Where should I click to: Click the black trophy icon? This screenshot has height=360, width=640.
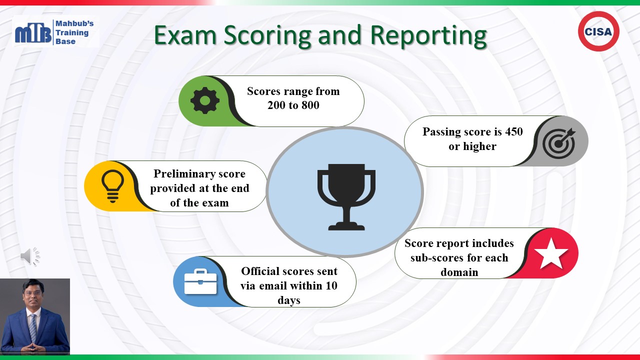346,197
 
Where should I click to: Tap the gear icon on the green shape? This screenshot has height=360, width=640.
205,100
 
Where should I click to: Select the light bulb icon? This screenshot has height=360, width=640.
112,186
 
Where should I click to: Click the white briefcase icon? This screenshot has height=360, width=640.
200,281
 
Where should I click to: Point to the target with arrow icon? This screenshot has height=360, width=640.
559,142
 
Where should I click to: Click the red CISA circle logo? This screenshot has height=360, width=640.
598,31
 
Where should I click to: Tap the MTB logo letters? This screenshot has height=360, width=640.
33,33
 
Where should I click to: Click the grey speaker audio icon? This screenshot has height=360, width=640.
30,256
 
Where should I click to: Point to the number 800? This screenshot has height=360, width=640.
310,105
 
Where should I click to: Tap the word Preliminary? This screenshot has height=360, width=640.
199,173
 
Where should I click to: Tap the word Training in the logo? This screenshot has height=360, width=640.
72,33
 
